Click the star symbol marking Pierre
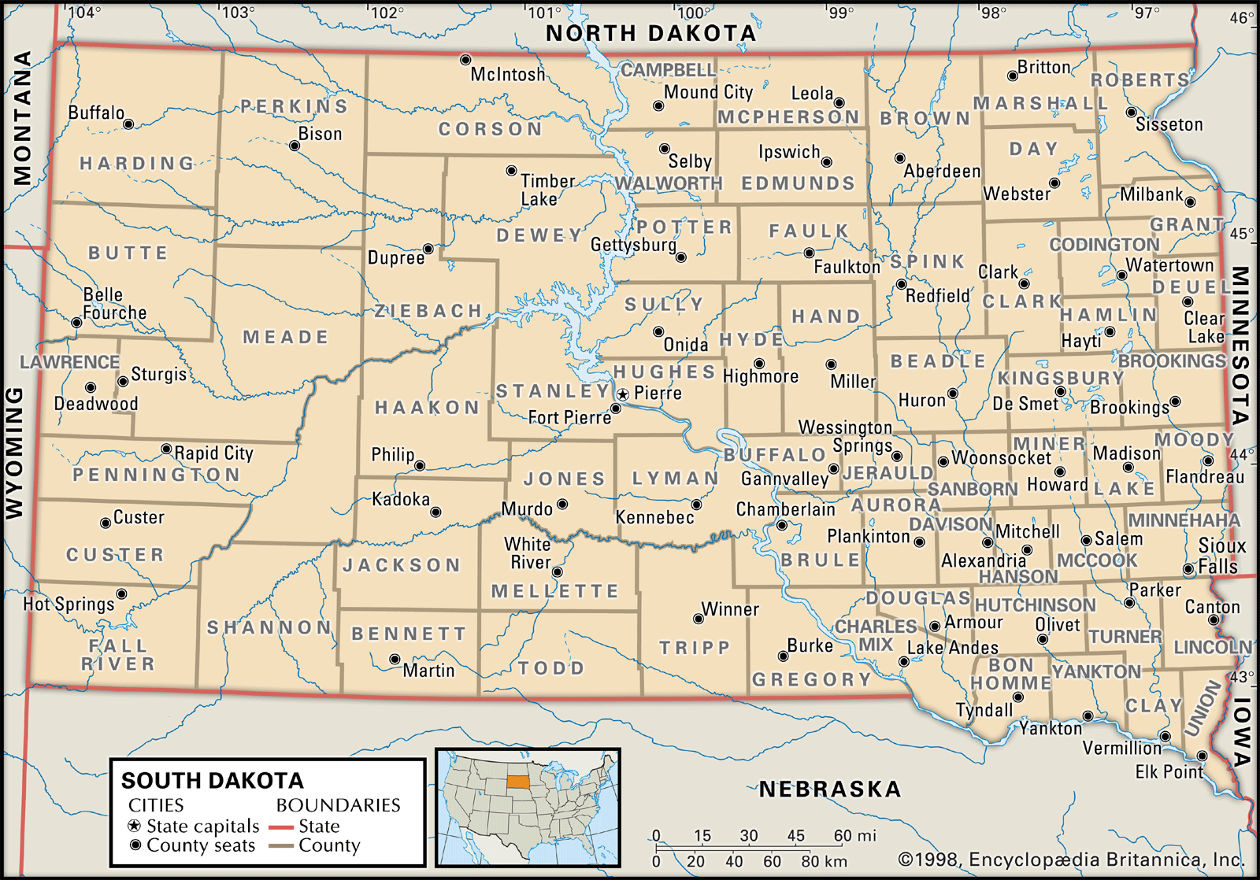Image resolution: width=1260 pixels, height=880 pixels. click(x=623, y=394)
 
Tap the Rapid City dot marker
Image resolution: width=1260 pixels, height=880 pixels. click(x=166, y=449)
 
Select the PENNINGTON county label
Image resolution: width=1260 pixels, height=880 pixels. click(x=156, y=475)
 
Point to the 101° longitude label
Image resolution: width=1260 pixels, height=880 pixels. click(x=545, y=13)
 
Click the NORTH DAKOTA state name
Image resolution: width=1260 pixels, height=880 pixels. click(x=650, y=33)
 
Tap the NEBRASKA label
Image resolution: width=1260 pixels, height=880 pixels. click(x=829, y=789)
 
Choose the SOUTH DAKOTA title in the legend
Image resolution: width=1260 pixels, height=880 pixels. click(x=212, y=781)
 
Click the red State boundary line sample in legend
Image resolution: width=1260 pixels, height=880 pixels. click(x=281, y=827)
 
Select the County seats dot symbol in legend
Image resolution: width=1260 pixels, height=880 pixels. click(x=135, y=845)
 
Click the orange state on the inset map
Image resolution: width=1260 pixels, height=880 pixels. click(x=517, y=782)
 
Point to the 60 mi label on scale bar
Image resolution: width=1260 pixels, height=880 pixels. click(x=854, y=835)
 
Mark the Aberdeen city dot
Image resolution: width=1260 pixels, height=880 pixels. click(x=900, y=158)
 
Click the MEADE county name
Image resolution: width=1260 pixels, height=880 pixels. click(x=285, y=337)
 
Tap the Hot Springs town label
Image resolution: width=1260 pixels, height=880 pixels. click(x=69, y=604)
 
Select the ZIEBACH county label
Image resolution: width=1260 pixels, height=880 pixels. click(x=428, y=311)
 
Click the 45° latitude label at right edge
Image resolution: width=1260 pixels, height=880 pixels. click(x=1242, y=234)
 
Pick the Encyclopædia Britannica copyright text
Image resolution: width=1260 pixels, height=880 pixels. click(x=1071, y=860)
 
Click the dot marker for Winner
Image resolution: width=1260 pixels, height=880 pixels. click(x=699, y=619)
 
